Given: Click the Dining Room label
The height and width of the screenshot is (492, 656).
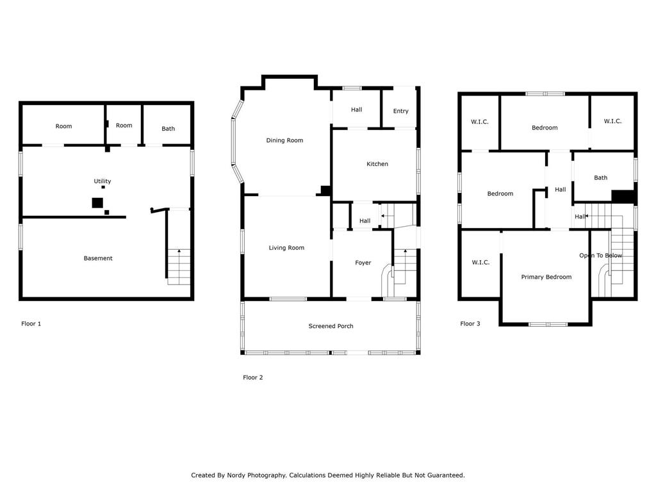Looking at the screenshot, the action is (284, 140).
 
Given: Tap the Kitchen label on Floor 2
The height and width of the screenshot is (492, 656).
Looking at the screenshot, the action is (377, 164).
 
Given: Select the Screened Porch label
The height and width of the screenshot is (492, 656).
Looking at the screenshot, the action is (331, 326).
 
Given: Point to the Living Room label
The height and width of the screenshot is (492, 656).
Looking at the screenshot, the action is (286, 248).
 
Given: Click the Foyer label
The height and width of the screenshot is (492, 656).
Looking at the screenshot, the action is (363, 263).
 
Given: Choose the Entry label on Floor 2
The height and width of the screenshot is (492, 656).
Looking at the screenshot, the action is (401, 111).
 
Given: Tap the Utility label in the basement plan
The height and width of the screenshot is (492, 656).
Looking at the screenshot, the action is (102, 181).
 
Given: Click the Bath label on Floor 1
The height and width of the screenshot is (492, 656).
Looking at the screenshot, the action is (168, 128).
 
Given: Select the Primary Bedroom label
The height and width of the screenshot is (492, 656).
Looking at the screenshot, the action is (546, 277).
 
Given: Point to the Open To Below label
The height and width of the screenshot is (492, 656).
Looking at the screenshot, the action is (601, 255).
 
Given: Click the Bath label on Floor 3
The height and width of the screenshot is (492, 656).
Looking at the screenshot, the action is (601, 178).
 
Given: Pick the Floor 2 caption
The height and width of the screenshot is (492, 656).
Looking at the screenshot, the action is (253, 377).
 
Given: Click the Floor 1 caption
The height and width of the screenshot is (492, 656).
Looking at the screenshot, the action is (31, 324).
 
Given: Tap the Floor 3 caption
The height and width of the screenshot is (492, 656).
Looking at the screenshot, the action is (470, 324).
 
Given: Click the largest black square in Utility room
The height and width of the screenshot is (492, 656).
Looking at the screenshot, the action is (97, 203).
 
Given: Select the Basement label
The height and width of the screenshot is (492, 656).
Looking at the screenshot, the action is (98, 258).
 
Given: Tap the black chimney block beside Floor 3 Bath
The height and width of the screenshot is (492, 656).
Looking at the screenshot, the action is (623, 197).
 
